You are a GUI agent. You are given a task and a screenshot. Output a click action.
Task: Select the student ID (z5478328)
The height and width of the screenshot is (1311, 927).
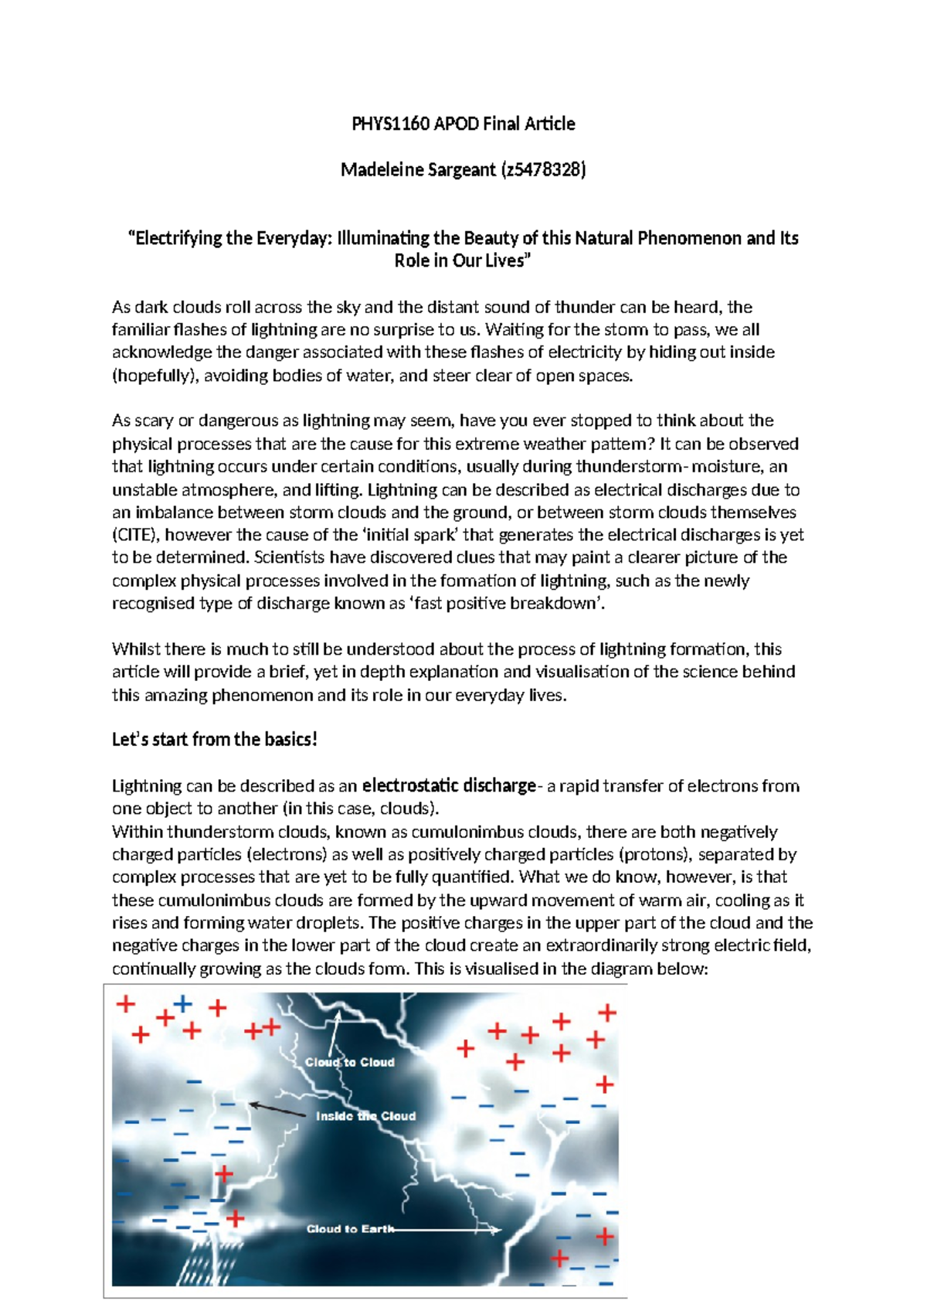[544, 169]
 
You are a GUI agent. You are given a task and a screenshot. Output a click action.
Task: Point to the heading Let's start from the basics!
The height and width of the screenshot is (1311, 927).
[214, 740]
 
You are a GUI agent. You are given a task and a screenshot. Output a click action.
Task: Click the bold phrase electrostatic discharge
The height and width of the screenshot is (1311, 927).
[449, 786]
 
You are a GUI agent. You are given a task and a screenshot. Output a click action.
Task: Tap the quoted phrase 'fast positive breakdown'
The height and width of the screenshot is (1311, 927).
[508, 604]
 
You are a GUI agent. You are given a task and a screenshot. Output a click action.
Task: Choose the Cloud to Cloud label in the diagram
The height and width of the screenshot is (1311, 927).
[350, 1062]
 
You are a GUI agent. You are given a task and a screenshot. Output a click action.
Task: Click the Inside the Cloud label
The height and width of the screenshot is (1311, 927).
[365, 1116]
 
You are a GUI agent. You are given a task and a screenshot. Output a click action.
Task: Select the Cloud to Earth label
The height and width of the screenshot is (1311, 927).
[350, 1229]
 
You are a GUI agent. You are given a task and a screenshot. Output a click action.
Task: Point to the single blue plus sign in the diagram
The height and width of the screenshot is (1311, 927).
[182, 1003]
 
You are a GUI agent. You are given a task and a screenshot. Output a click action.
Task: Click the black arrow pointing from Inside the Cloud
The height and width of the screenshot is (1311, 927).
[278, 1109]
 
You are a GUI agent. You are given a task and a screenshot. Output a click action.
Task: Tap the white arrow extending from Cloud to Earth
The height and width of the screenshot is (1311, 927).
[448, 1230]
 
